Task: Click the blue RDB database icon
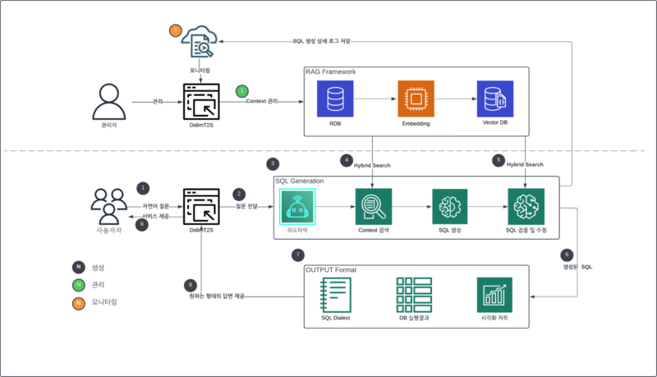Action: [335, 99]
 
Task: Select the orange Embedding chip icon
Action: [415, 99]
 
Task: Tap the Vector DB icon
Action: [494, 99]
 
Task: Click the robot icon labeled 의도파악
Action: [297, 206]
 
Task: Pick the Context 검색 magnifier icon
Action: [374, 206]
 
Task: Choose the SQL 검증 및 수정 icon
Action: [526, 206]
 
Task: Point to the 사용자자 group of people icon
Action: [109, 206]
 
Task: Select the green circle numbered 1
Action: [241, 90]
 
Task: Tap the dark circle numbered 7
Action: [298, 255]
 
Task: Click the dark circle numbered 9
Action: [142, 224]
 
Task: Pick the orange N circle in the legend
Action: [78, 302]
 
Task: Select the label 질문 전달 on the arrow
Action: [246, 207]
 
